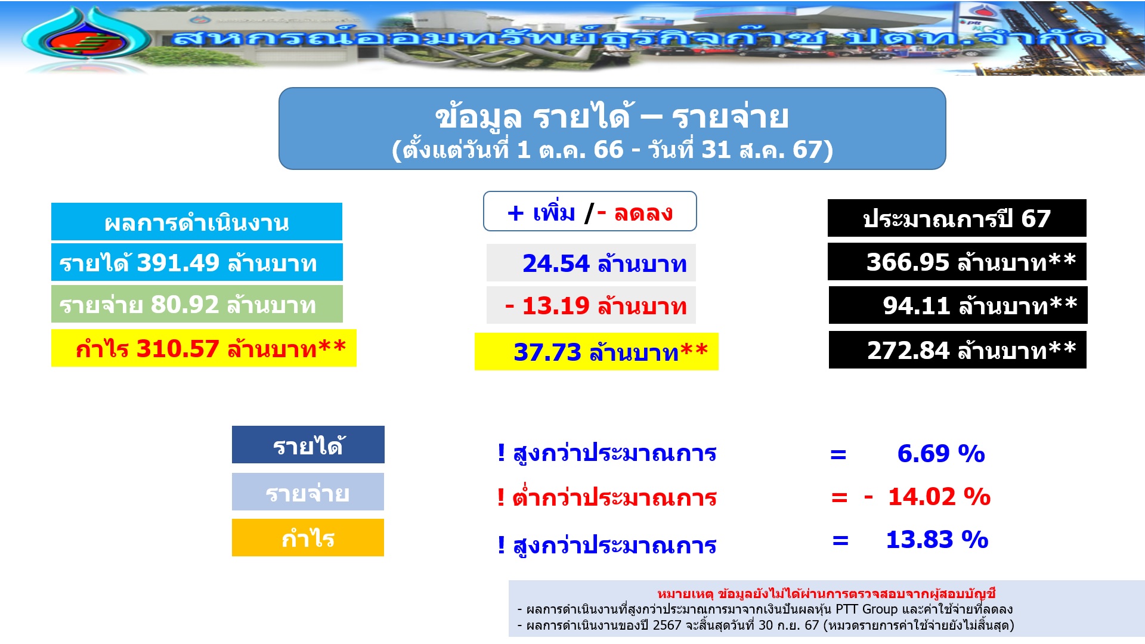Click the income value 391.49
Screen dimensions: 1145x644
point(178,263)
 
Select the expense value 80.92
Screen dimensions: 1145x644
point(185,305)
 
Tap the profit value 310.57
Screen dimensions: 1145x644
point(178,349)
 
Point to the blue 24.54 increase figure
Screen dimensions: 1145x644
point(556,264)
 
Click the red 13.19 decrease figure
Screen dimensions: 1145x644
point(556,306)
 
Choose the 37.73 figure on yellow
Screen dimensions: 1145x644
point(547,352)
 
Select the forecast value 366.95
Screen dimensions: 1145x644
point(908,262)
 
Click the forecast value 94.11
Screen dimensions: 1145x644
point(916,306)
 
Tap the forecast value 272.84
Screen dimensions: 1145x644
point(908,351)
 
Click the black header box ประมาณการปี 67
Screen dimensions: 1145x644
point(957,218)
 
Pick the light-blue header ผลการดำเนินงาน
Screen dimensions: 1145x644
point(197,222)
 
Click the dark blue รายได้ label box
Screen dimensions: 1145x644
point(308,445)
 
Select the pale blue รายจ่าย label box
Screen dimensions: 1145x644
point(308,492)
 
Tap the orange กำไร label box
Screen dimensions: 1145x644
point(308,538)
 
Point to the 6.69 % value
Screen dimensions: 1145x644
point(941,454)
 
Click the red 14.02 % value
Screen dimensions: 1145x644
point(939,497)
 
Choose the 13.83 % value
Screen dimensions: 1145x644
point(937,540)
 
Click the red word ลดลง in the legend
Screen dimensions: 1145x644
point(643,213)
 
